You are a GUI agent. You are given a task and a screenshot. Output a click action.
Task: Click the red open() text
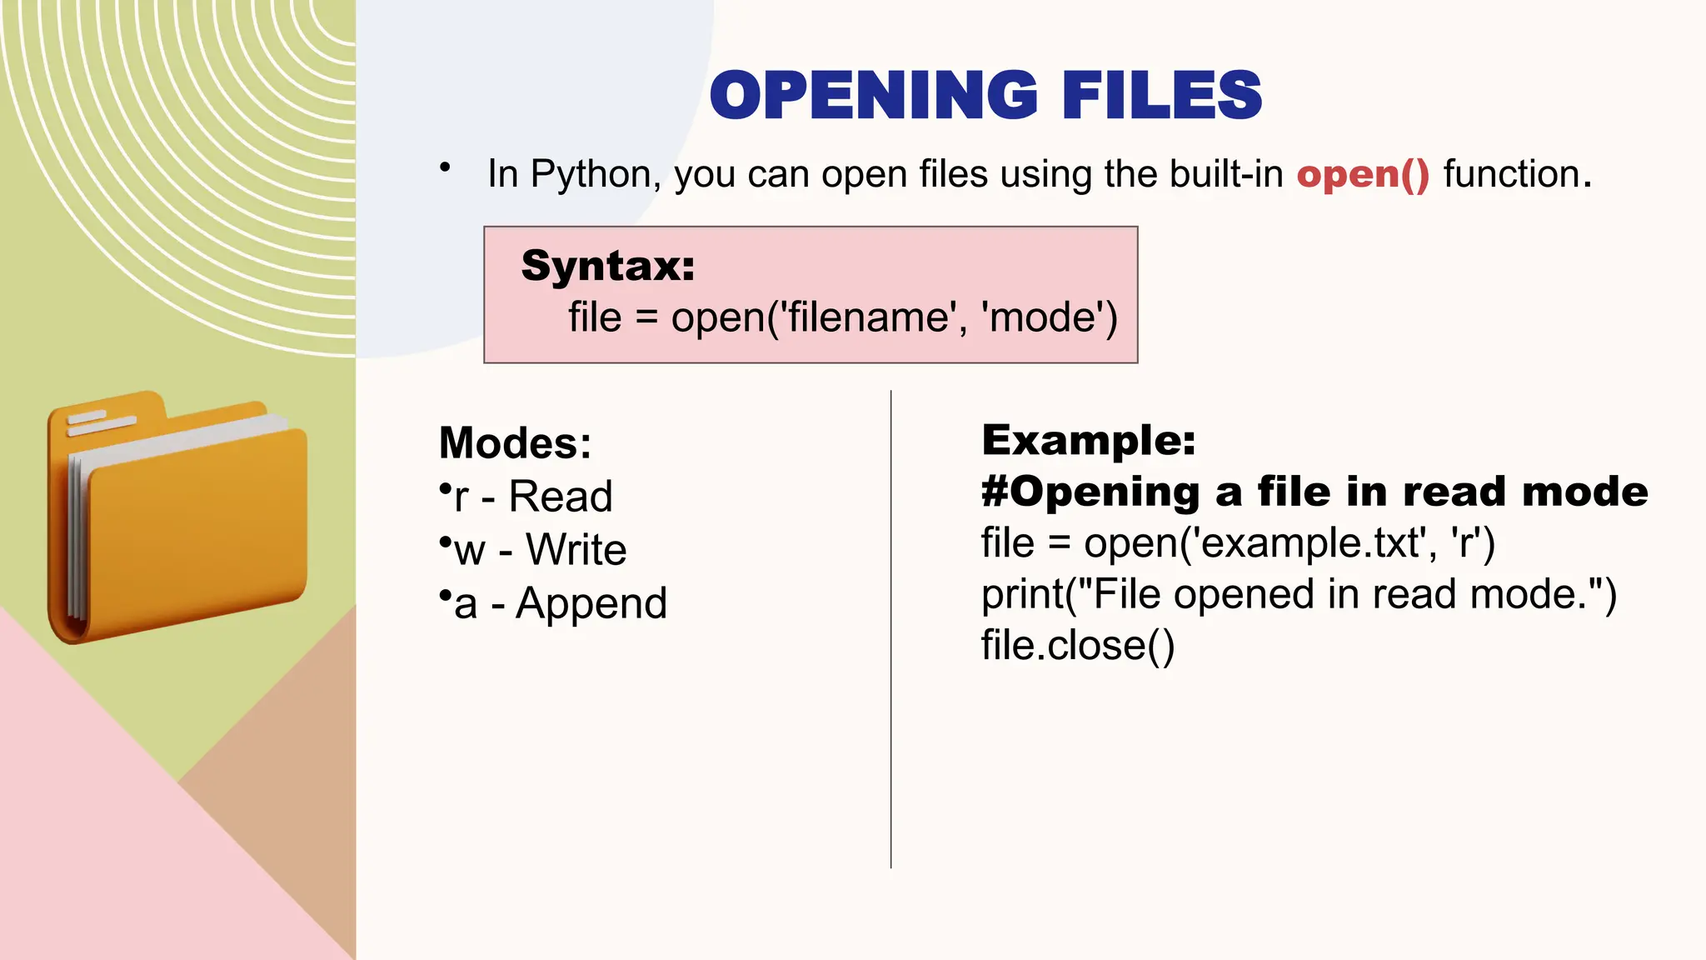click(x=1363, y=174)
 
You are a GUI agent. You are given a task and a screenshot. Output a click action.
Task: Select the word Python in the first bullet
click(x=591, y=175)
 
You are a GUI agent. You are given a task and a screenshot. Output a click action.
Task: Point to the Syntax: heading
click(x=608, y=266)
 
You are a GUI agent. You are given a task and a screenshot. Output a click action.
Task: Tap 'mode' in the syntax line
click(x=1049, y=317)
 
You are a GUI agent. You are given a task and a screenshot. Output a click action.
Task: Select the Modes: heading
click(x=515, y=442)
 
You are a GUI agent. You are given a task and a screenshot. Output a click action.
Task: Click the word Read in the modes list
click(x=561, y=497)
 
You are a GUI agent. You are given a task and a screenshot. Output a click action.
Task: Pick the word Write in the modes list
click(x=576, y=550)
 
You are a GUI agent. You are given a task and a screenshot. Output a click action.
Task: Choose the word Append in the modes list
click(x=591, y=603)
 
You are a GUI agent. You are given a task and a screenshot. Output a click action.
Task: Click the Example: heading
click(x=1089, y=440)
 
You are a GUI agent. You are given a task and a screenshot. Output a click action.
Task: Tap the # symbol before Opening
click(x=995, y=492)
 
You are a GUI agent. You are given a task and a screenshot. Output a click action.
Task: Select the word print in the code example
click(x=1023, y=595)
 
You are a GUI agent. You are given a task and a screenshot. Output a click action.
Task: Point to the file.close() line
click(x=1078, y=646)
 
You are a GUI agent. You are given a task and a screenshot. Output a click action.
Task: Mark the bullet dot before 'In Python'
click(x=446, y=167)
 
